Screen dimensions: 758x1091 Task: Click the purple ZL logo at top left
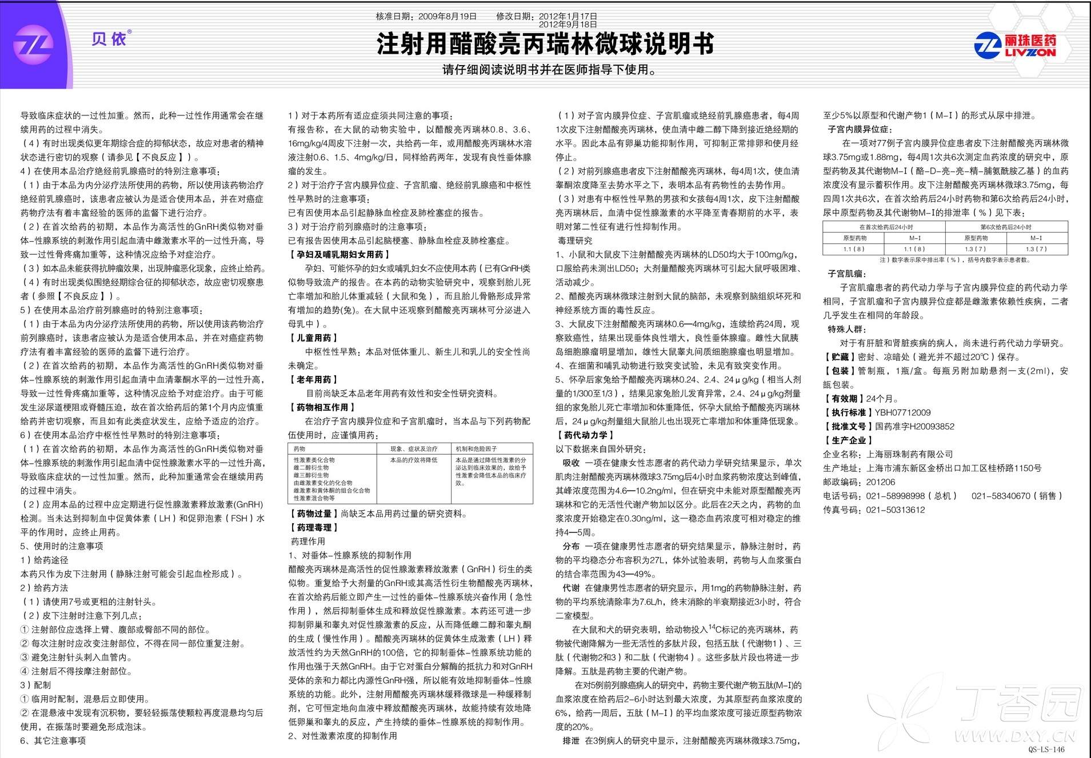coord(33,45)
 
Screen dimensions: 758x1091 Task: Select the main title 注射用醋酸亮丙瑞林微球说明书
coord(545,44)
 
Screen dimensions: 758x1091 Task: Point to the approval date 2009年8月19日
coord(447,17)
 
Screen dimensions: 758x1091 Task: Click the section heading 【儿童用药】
coord(314,338)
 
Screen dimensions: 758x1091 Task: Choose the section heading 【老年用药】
coord(314,379)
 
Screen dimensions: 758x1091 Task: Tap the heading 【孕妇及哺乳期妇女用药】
coord(340,254)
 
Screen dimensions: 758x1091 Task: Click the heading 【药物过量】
coord(314,514)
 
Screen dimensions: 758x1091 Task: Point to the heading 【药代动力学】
coord(586,435)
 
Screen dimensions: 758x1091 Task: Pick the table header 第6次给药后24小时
coord(1006,227)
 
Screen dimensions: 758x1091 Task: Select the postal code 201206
coord(881,482)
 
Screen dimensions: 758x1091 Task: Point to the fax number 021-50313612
coord(895,510)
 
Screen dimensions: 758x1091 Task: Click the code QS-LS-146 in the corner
coord(1046,749)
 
